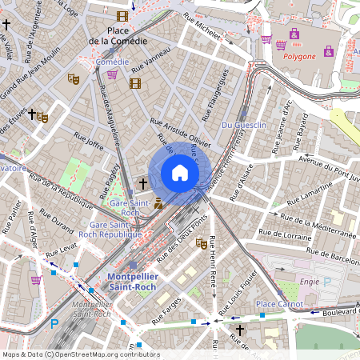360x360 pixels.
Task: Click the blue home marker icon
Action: [x=180, y=173]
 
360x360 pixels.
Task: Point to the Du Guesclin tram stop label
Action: [x=243, y=125]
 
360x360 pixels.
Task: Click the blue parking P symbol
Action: [x=54, y=324]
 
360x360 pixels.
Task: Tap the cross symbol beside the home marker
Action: [x=143, y=184]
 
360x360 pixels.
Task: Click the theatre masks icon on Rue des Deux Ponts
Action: [x=202, y=242]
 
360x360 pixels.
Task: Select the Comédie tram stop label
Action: [x=111, y=62]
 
